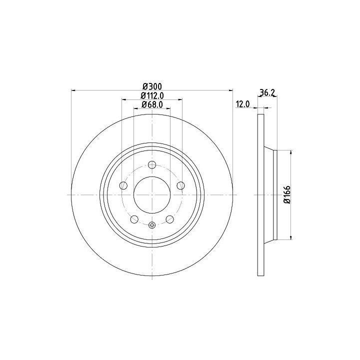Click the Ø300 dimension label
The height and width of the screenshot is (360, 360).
coord(152,86)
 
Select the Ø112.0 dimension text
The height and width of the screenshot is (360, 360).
coord(152,95)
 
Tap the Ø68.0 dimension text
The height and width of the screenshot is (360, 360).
coord(152,104)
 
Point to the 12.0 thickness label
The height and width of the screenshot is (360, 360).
coord(242,104)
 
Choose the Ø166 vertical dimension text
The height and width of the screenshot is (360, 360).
coord(287,194)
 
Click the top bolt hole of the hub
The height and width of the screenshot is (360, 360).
coord(152,164)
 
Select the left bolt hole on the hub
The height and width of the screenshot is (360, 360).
coord(123,185)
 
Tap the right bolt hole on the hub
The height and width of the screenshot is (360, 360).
coord(180,185)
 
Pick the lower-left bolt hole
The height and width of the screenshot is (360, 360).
coord(134,219)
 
